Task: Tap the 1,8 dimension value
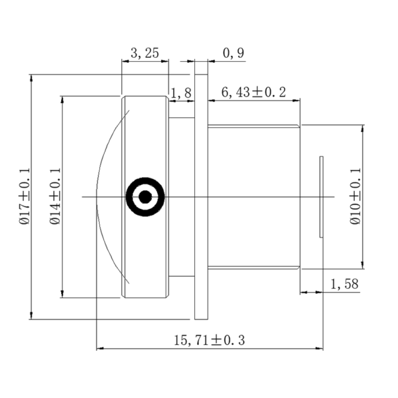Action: pos(181,94)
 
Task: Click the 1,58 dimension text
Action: pos(344,284)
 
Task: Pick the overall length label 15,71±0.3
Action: pos(210,340)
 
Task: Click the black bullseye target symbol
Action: pos(145,196)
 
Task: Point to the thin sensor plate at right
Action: pos(322,196)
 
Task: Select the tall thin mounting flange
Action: pos(201,196)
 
